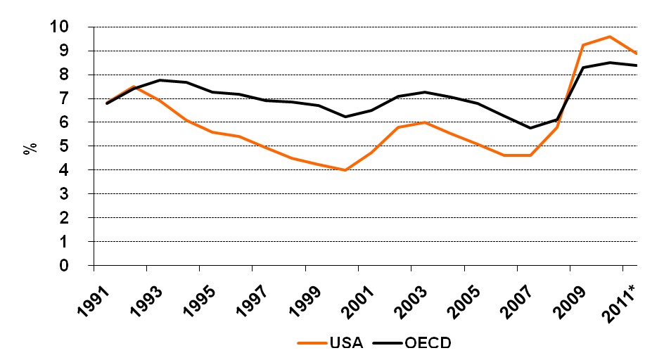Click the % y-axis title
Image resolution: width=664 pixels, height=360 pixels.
[30, 148]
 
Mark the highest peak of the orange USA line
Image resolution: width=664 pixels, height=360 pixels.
[610, 37]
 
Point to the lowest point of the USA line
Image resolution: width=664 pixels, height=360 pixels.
[345, 170]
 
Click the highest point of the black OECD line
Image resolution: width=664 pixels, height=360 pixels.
[610, 63]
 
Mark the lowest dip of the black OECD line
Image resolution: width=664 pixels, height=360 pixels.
[530, 128]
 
